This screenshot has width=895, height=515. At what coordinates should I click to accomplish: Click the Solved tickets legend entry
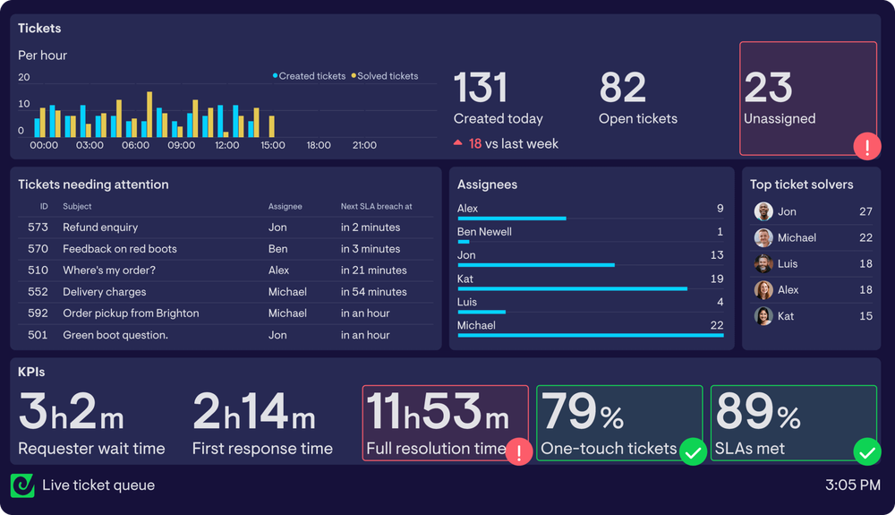[387, 76]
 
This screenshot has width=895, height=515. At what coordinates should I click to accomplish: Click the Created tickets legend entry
[311, 76]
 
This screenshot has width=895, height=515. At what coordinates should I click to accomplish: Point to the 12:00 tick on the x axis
[227, 145]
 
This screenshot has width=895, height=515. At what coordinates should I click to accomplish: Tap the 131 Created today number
[481, 89]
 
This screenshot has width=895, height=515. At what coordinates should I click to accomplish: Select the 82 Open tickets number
[622, 89]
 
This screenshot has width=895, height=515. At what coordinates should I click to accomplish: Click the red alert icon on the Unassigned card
[866, 146]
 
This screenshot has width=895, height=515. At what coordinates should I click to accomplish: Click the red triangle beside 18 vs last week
[458, 143]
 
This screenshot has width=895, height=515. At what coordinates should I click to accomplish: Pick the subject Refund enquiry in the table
[100, 227]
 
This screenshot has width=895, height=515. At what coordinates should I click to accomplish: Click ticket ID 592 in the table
[38, 313]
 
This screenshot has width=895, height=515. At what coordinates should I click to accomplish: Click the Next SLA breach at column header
[376, 207]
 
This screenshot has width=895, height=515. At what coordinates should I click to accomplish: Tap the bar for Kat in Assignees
[572, 288]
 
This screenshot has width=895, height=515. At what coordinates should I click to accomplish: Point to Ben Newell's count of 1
[720, 232]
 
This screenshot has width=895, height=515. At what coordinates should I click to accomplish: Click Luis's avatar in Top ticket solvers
[763, 264]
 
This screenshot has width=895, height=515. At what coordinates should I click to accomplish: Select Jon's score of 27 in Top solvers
[865, 212]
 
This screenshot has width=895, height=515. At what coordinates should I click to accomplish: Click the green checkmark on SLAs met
[866, 451]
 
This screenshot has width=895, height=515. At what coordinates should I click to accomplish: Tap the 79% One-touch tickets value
[583, 412]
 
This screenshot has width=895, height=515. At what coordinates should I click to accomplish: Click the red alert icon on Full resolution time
[519, 451]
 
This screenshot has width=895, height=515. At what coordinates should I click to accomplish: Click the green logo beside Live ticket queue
[22, 485]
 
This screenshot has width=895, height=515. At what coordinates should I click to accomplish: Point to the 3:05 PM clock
[852, 485]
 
